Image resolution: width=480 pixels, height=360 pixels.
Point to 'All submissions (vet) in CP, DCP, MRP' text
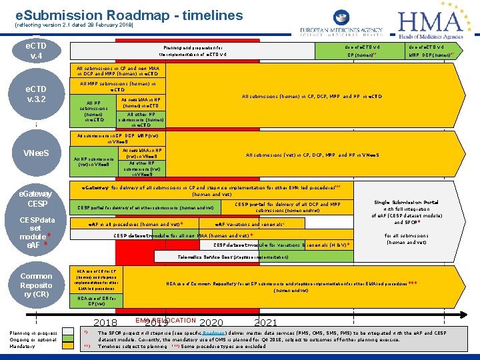pos(312,155)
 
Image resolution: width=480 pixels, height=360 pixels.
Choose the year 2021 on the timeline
pos(266,323)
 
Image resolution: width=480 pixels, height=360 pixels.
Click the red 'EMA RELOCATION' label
pos(165,321)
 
